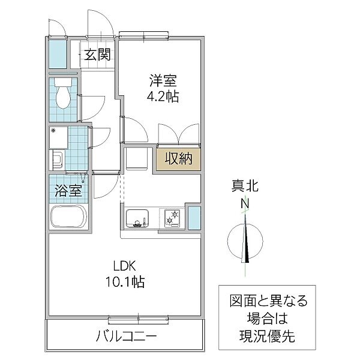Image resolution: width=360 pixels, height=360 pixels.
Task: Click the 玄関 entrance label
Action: coord(97,56)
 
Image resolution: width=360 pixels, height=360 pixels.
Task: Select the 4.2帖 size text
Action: coord(162,96)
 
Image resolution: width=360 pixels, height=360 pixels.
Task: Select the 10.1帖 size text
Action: coord(126,281)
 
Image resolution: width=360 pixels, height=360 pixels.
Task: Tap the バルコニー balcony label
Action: coord(126,336)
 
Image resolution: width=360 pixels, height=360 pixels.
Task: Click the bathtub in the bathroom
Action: coord(69,217)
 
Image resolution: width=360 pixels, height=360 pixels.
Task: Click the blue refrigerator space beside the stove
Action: coord(194,217)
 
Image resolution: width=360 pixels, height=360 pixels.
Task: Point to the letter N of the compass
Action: coord(245,203)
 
